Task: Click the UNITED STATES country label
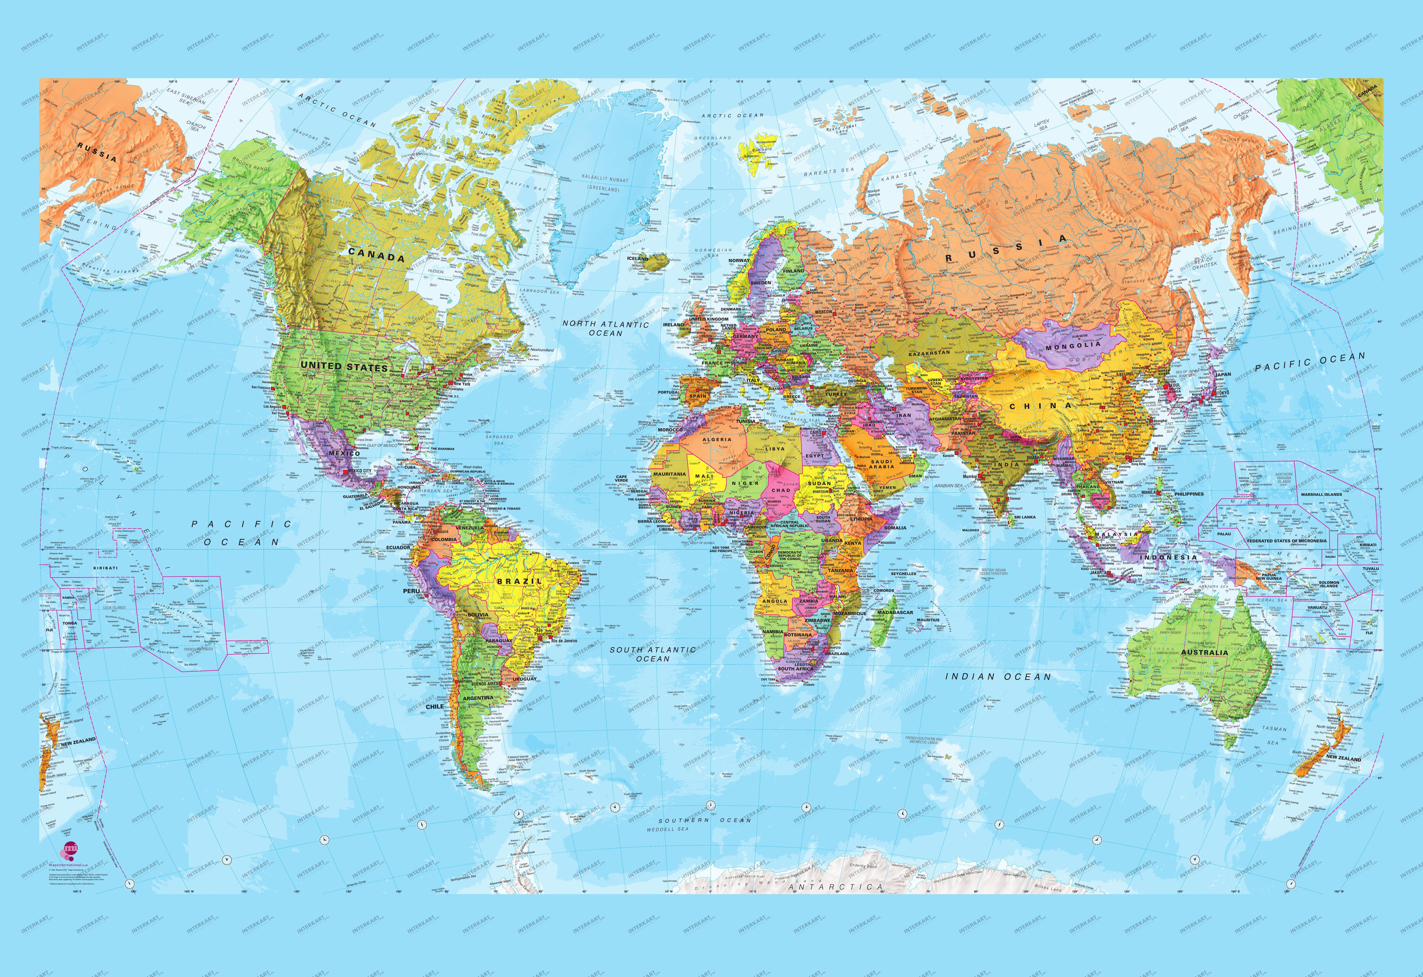pos(344,367)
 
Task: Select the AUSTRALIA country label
pos(1204,653)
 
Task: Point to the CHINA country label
pos(1041,406)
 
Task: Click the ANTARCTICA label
pos(836,887)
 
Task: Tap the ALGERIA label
pos(717,440)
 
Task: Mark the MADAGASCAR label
pos(895,612)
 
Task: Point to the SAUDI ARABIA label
pos(882,464)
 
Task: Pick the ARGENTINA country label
pos(478,698)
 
